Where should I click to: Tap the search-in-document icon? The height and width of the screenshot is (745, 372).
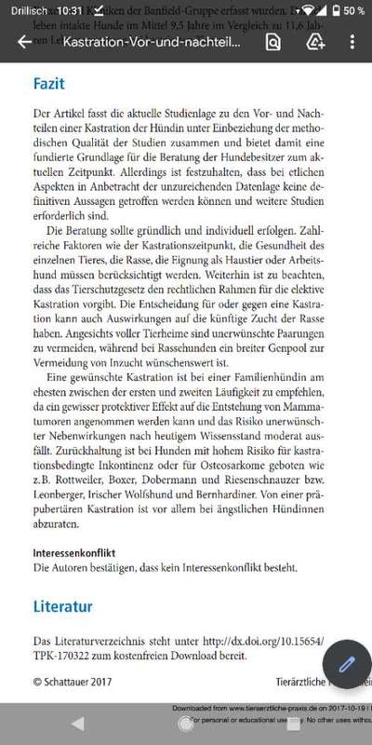point(272,43)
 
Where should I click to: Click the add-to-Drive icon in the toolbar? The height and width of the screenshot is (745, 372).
point(315,43)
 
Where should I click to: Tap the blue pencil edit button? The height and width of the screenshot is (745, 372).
point(347,665)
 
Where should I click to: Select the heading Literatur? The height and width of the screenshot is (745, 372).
point(62,606)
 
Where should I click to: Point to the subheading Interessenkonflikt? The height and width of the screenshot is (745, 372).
point(76,552)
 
